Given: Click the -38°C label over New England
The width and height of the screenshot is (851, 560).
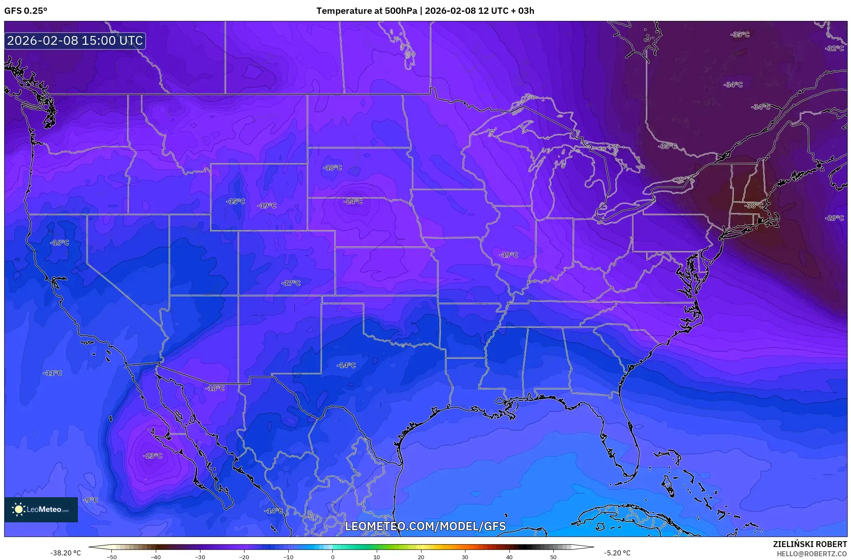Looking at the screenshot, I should [x=754, y=206].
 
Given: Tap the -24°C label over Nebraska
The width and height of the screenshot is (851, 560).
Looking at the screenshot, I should [x=353, y=201].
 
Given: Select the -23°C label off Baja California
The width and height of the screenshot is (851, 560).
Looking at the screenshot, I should [x=153, y=455].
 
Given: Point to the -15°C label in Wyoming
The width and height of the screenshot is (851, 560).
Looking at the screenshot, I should [x=236, y=201].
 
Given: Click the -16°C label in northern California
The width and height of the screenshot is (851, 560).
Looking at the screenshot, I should [x=59, y=243].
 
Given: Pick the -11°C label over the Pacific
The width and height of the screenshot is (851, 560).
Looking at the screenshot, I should [x=53, y=373].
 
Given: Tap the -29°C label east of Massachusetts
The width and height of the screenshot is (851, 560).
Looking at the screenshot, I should [x=834, y=218].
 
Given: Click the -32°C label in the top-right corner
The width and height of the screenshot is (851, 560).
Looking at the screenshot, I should [x=834, y=49].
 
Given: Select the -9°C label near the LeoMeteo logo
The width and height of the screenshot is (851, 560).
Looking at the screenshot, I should [x=90, y=500].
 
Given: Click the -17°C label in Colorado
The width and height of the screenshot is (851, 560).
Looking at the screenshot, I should [x=291, y=283].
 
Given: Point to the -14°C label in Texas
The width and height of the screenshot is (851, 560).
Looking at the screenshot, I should [x=346, y=365].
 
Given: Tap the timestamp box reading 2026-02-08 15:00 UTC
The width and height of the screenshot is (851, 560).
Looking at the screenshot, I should [x=75, y=41].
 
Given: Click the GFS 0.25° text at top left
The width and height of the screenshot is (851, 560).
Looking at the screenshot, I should [x=26, y=11].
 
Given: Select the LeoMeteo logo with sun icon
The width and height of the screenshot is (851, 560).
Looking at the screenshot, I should [x=41, y=509].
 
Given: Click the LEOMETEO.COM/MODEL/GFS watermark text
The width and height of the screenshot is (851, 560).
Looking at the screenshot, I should [x=425, y=526].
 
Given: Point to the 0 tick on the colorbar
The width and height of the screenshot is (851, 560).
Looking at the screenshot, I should [x=333, y=557].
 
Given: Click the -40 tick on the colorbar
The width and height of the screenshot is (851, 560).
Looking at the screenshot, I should [x=156, y=557].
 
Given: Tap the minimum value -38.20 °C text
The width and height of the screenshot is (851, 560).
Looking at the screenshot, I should [x=66, y=553].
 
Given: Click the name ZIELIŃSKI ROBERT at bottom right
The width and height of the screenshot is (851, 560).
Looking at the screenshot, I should [x=810, y=544].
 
